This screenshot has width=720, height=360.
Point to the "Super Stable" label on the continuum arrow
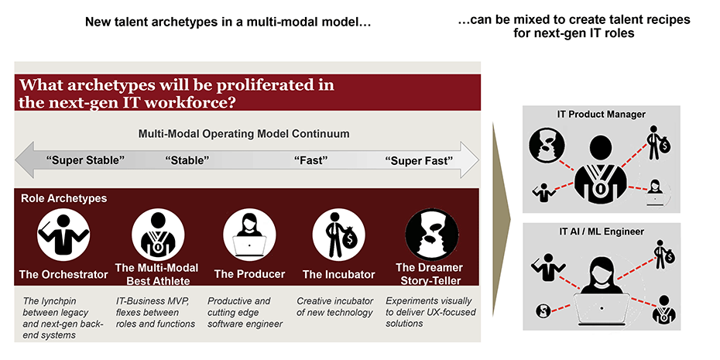tap(85, 161)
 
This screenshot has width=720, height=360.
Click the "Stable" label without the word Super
tap(187, 161)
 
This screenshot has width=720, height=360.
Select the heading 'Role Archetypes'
tap(63, 198)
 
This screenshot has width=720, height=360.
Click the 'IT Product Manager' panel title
tap(601, 115)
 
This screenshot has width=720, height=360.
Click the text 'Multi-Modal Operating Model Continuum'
tap(243, 133)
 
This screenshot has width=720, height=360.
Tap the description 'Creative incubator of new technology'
tap(334, 307)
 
